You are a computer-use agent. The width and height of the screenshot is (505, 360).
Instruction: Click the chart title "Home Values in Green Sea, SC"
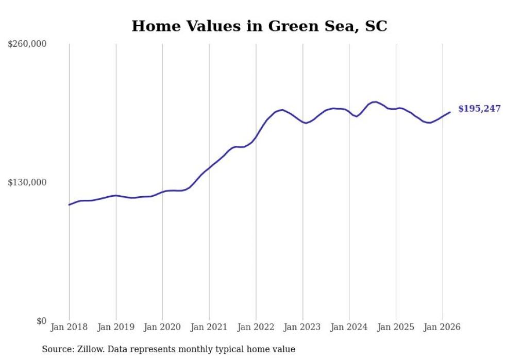click(x=259, y=26)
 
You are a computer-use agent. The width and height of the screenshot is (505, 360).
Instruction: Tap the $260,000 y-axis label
click(x=27, y=44)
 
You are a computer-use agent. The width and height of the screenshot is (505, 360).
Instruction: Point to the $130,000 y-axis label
click(x=27, y=182)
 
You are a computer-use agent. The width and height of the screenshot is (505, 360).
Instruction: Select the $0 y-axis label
click(x=41, y=321)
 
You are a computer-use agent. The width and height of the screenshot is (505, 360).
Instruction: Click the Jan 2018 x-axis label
click(x=69, y=327)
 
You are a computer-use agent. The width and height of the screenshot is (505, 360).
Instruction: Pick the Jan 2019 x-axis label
click(x=116, y=327)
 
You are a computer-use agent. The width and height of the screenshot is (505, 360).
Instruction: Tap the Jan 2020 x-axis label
click(x=162, y=327)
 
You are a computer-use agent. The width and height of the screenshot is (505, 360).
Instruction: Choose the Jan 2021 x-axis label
click(x=209, y=327)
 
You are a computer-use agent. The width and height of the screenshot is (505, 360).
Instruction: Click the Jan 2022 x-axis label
click(x=256, y=327)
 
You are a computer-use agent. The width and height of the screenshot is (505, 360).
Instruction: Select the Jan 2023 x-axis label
click(x=302, y=327)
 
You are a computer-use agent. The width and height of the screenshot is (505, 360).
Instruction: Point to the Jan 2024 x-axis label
click(x=349, y=327)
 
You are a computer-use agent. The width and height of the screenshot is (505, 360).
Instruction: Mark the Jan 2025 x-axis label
click(x=396, y=327)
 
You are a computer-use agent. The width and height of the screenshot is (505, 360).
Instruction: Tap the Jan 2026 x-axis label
click(x=442, y=327)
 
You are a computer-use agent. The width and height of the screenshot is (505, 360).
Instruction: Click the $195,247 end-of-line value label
click(x=479, y=109)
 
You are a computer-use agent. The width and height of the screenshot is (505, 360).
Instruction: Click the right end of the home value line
click(x=450, y=112)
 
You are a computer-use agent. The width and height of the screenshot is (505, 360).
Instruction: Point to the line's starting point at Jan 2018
click(x=69, y=205)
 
